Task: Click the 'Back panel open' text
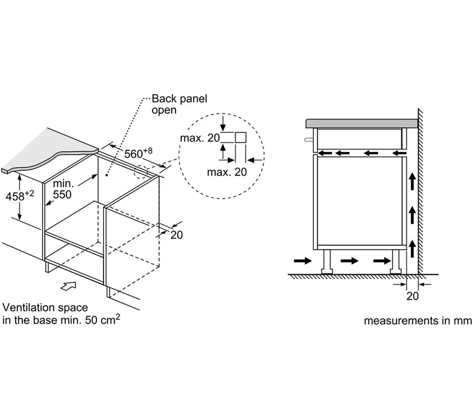tap(179, 104)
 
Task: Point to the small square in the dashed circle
tap(240, 137)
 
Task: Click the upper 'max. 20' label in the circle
tap(200, 138)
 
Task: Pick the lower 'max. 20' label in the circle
tap(227, 172)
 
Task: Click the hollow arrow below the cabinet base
tap(69, 285)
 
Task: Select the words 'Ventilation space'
tap(45, 308)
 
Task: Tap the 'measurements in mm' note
tap(418, 321)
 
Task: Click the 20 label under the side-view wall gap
tap(412, 296)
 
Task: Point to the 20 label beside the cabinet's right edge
tap(176, 235)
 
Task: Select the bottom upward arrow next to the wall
tap(412, 248)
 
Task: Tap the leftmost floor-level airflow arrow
tap(302, 260)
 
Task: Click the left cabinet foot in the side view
tap(327, 263)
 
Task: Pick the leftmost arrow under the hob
tap(325, 153)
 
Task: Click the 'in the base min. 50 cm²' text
tap(61, 319)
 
